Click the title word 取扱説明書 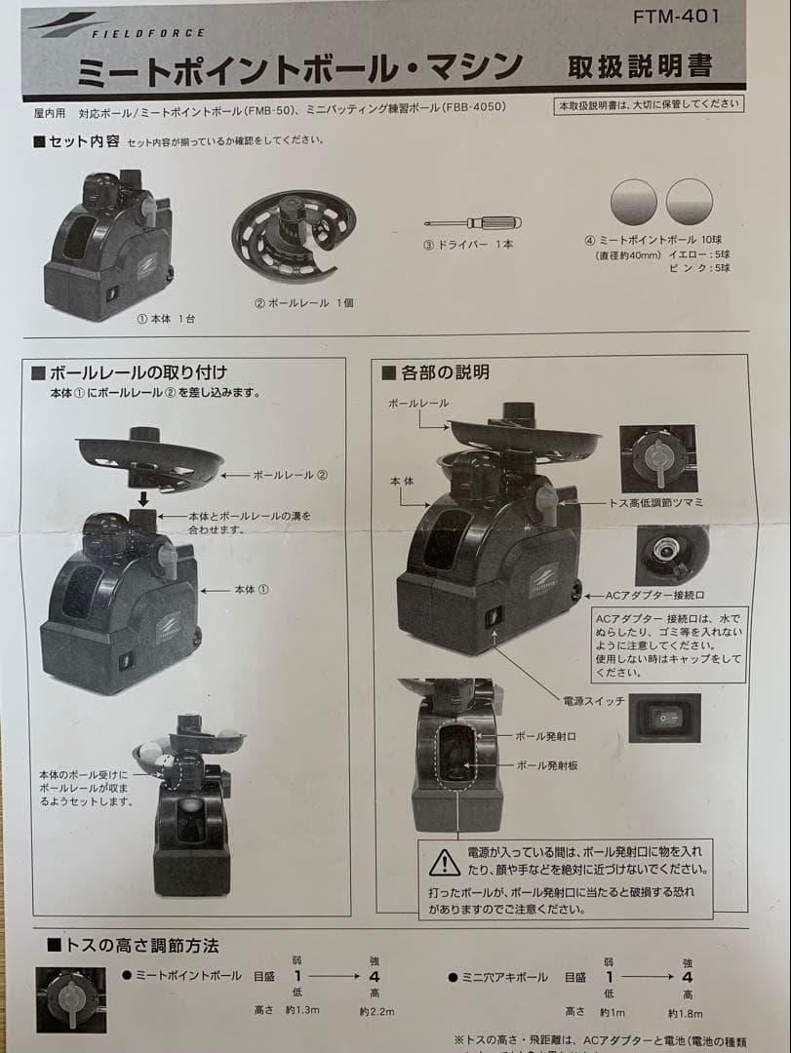click(640, 66)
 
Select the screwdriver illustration click(466, 223)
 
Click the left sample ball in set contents click(633, 203)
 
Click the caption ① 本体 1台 click(165, 318)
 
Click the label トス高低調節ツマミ click(656, 502)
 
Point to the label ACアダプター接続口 click(654, 594)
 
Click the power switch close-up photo click(664, 717)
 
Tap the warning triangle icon click(445, 861)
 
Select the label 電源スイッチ click(594, 701)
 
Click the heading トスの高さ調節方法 click(141, 945)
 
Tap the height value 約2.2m click(376, 1011)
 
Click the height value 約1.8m click(686, 1012)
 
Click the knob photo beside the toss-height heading click(70, 999)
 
